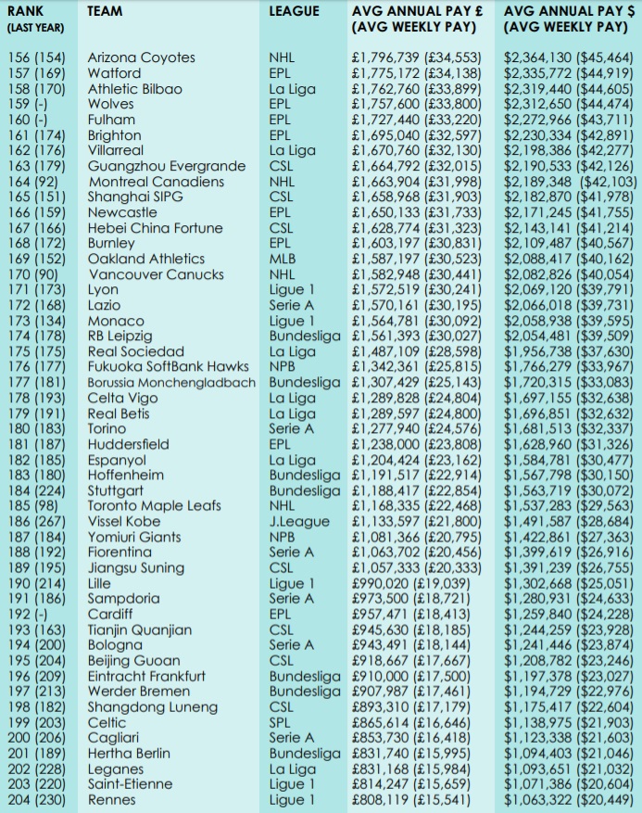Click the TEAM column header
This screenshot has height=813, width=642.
[x=106, y=12]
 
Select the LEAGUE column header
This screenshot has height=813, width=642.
[x=294, y=12]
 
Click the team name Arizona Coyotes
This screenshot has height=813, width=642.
[x=141, y=57]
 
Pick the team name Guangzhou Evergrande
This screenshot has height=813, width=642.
[x=166, y=166]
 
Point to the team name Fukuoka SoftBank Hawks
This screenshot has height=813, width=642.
[x=168, y=367]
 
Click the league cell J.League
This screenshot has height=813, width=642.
[x=298, y=522]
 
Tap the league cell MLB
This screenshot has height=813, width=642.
[x=283, y=259]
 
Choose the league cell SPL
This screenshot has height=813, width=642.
[x=281, y=723]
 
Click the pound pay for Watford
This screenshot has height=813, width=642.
[x=417, y=73]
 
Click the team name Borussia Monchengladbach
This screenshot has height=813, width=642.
[x=170, y=383]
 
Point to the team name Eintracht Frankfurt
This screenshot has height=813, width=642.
[x=146, y=677]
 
